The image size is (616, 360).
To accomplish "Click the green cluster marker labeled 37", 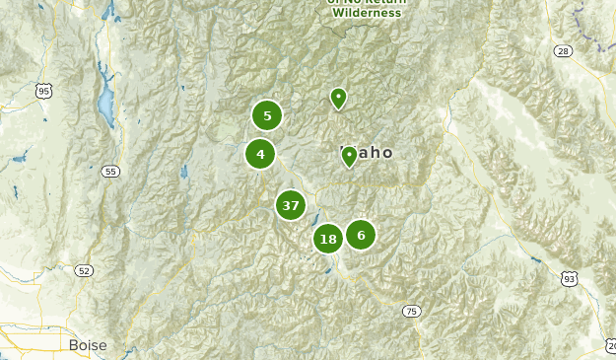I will (x=290, y=205).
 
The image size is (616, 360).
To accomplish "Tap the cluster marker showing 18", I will (x=328, y=239).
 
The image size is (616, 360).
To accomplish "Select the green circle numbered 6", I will (x=361, y=235).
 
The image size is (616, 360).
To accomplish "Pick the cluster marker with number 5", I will (x=267, y=115).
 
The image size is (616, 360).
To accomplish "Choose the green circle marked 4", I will (x=260, y=154).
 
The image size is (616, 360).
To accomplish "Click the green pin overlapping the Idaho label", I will (x=349, y=156).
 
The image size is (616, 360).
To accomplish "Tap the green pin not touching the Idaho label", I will (x=338, y=98).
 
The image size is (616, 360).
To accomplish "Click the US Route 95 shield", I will (x=42, y=92).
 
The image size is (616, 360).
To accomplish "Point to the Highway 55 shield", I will (x=110, y=172).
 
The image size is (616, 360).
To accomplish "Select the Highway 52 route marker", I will (x=84, y=270).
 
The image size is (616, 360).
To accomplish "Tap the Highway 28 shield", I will (x=563, y=50).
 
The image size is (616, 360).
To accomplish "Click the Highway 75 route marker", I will (x=411, y=312).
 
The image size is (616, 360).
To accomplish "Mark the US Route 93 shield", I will (x=569, y=280).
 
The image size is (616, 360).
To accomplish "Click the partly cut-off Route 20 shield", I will (x=611, y=345).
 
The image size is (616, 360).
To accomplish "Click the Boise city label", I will (x=88, y=345).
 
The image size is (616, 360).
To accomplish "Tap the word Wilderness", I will (x=367, y=13).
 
